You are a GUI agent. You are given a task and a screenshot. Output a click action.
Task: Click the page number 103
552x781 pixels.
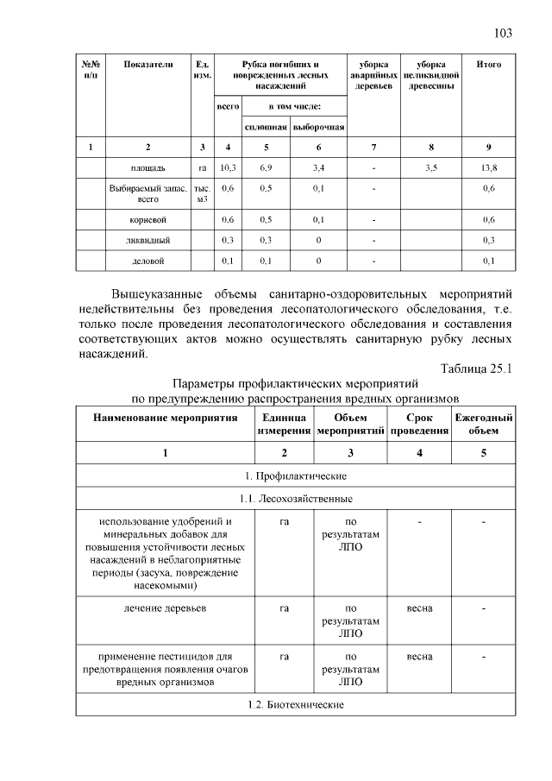coord(504,34)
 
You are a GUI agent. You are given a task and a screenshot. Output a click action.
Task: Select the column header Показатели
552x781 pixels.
coord(148,65)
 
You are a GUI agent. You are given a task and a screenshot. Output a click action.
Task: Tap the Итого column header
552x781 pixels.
coord(489,65)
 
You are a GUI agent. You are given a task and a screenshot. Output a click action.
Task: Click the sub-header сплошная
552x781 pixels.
coord(267,127)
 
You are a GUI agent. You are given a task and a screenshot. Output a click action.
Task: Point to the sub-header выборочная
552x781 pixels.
coord(318,127)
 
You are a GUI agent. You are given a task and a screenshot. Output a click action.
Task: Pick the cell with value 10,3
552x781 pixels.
coord(228,167)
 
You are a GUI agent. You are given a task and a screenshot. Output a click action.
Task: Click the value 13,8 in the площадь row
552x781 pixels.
coord(489,167)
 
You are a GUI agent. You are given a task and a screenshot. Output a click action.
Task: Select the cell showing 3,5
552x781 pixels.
coord(431,167)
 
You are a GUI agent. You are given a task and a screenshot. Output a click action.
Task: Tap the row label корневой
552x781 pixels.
coord(148,219)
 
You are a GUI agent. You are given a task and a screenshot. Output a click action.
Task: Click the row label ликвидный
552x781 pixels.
coord(148,239)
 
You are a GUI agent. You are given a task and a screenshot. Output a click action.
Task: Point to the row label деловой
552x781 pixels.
coord(148,260)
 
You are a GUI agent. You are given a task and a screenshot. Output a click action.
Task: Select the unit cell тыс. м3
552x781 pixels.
coord(202,192)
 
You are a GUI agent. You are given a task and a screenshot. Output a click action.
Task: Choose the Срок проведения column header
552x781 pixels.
coord(419,423)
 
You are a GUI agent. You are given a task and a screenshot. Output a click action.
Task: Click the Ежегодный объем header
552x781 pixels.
coord(484,423)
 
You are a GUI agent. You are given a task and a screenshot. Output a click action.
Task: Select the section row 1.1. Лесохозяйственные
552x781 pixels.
coord(296,499)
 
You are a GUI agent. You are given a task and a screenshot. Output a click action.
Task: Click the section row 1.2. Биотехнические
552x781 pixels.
coord(296,705)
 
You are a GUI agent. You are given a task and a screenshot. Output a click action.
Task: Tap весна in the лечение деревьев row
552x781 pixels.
coord(419,608)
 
